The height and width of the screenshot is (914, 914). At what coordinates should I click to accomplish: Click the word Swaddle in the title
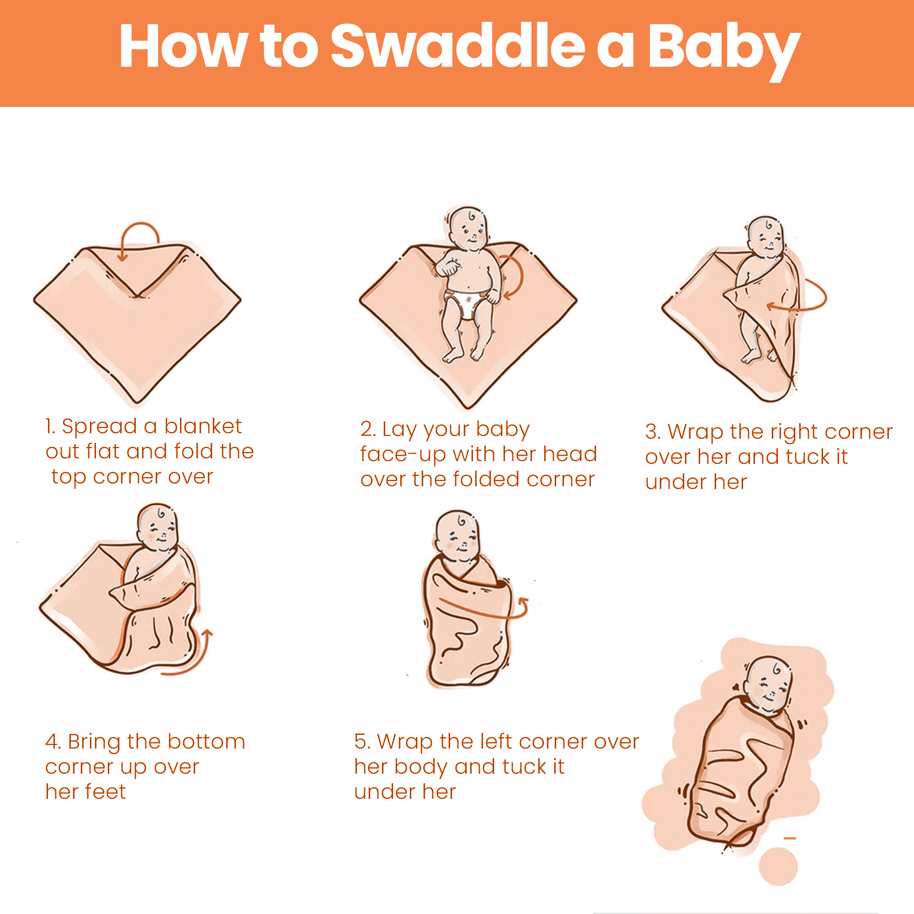457,46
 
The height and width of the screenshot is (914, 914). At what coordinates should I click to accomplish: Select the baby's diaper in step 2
468,303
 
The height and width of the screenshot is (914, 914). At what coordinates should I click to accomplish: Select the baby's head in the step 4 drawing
158,527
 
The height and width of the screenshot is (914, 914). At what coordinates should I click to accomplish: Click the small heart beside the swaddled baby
735,687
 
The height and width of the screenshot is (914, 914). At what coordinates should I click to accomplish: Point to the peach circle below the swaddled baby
778,866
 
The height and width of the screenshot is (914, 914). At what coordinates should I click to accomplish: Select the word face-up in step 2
403,455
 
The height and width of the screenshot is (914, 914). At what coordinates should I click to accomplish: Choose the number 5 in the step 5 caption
362,742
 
